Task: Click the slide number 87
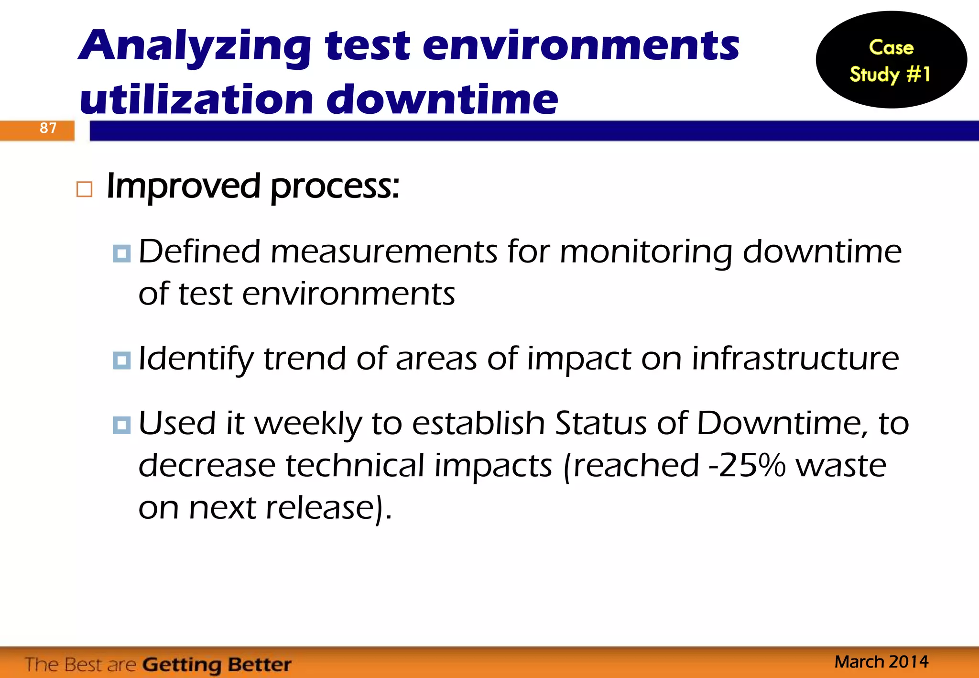click(x=48, y=128)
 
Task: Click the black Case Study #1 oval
click(x=891, y=60)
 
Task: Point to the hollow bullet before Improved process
click(x=84, y=190)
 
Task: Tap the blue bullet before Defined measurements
click(x=121, y=253)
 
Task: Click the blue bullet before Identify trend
click(x=121, y=360)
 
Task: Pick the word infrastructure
click(x=795, y=359)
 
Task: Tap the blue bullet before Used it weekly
click(x=121, y=425)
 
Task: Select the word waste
click(x=841, y=466)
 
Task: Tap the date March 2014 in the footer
click(x=881, y=662)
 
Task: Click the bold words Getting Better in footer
click(x=217, y=665)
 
